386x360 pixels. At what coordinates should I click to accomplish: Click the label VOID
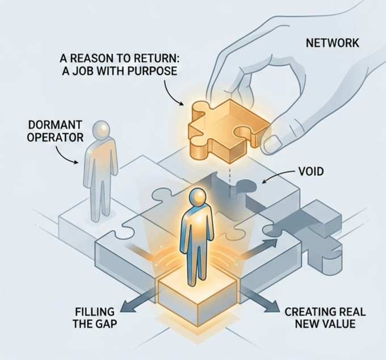[311, 170]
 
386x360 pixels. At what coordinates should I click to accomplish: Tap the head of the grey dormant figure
[102, 129]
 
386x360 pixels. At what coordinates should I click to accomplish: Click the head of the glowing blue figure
[196, 198]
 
